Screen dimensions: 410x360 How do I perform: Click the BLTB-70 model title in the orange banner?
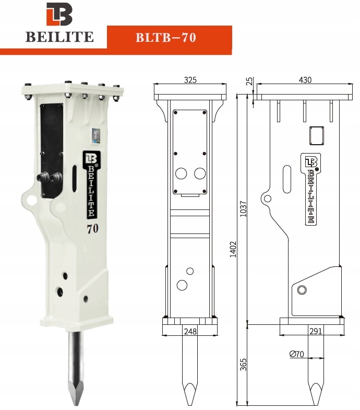[165, 38]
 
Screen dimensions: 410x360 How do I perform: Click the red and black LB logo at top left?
[59, 15]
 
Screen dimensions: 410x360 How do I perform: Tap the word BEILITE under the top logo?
[59, 37]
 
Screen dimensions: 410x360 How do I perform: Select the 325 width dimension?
[190, 80]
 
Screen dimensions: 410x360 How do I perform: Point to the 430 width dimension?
[305, 80]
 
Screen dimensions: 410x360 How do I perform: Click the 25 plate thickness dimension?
[249, 81]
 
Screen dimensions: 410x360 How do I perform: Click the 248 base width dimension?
[190, 331]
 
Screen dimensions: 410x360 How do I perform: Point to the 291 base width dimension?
[315, 331]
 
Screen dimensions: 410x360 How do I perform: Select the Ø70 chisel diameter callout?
[297, 354]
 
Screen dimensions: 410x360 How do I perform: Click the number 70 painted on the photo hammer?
[93, 228]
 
